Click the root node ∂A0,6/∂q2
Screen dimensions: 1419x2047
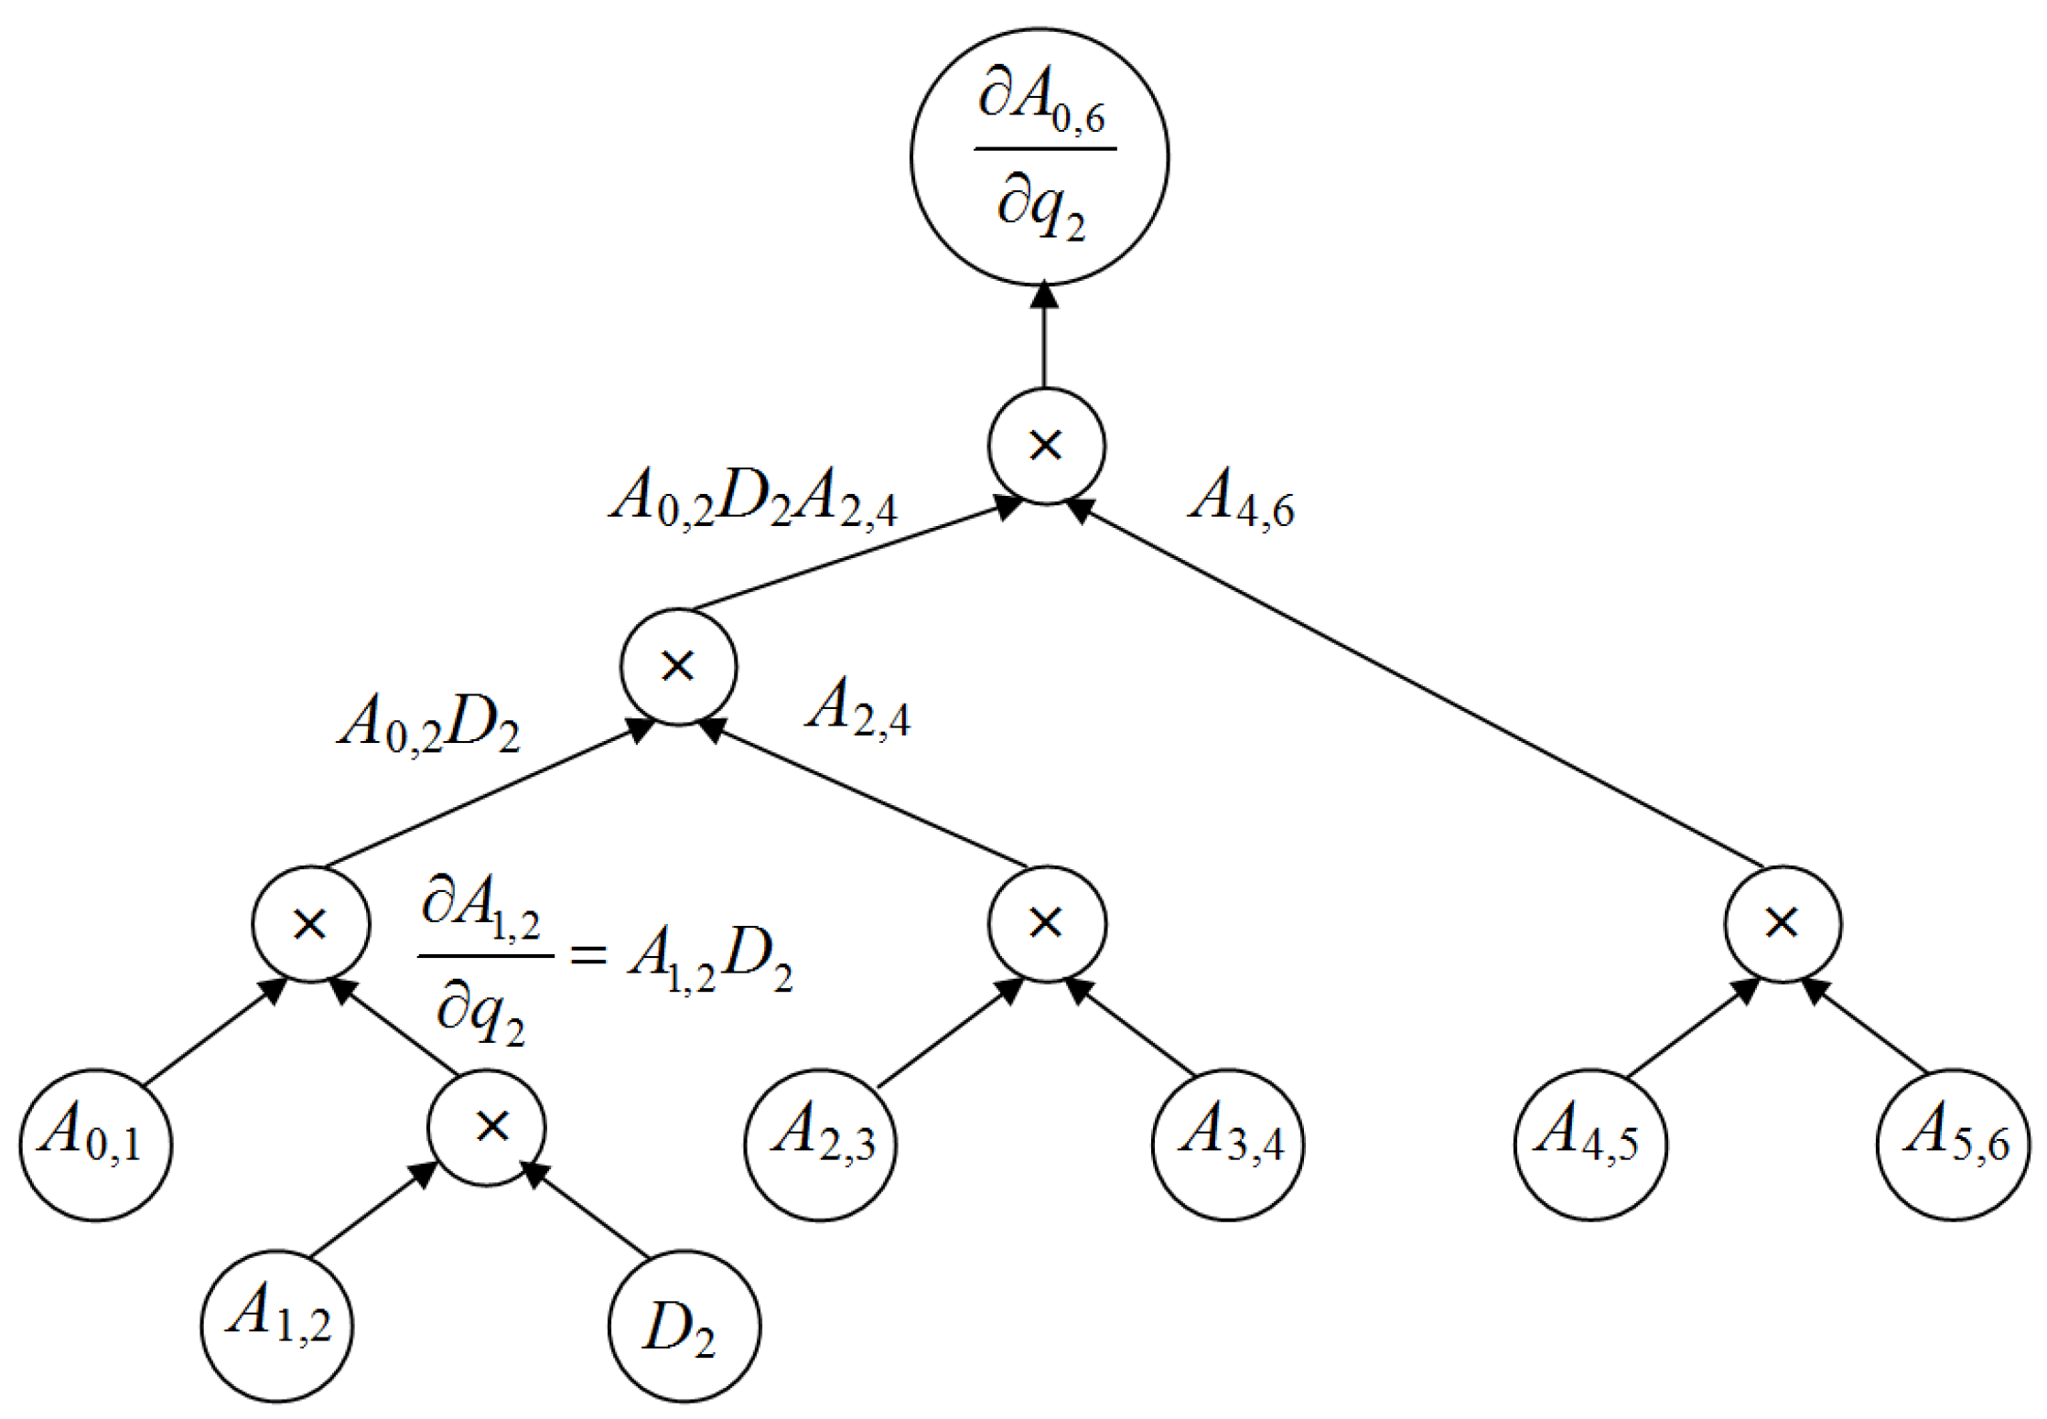click(x=1040, y=156)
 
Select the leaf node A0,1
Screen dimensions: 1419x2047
click(x=95, y=1145)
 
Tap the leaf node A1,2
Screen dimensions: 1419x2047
click(x=277, y=1326)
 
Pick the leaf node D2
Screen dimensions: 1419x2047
click(x=684, y=1326)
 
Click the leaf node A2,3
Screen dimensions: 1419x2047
click(x=821, y=1145)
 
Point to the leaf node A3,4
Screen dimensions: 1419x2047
click(x=1228, y=1145)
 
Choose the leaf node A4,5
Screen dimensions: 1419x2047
click(x=1590, y=1145)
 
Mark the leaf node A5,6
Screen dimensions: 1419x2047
click(x=1953, y=1145)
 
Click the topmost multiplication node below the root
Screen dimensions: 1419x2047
click(x=1046, y=446)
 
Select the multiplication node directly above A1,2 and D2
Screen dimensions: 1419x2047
click(x=487, y=1127)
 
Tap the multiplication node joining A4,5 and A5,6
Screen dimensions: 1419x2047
click(x=1783, y=923)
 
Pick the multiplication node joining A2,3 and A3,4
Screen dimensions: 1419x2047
click(x=1047, y=923)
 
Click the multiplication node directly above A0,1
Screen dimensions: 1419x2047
click(x=311, y=923)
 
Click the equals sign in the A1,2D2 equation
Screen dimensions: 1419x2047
click(x=587, y=955)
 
